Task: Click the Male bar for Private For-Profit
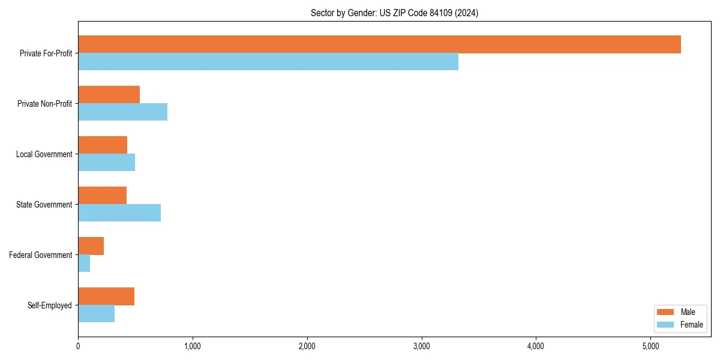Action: (x=379, y=44)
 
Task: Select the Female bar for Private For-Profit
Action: (x=268, y=62)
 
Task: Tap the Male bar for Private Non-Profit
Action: (x=109, y=95)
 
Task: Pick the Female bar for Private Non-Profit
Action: (x=122, y=112)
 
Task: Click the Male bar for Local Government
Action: (x=103, y=145)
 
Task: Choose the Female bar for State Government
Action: (x=119, y=213)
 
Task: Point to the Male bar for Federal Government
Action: (x=91, y=246)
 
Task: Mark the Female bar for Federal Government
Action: (x=84, y=263)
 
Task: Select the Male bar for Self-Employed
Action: (x=106, y=296)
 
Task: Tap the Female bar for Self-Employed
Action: (x=96, y=314)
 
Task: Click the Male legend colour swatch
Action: (x=665, y=312)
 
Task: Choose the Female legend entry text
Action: (x=692, y=325)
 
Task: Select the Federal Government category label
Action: (x=41, y=255)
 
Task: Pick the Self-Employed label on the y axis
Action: (x=50, y=305)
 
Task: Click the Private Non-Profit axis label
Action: (x=44, y=104)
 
